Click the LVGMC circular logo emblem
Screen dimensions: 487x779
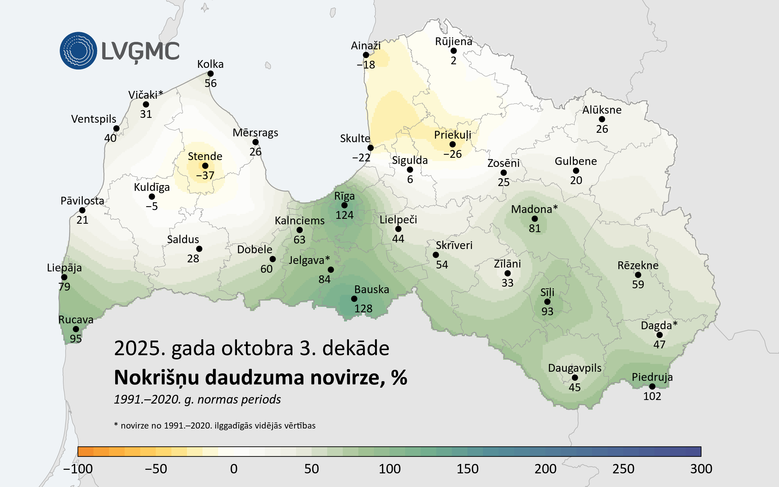point(78,51)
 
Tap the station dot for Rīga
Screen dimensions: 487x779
point(344,205)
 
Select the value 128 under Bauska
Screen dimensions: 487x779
point(363,308)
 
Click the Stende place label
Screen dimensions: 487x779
point(205,156)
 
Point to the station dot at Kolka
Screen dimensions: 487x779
point(210,74)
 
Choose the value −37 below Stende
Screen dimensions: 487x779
point(205,176)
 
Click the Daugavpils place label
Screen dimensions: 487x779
point(575,368)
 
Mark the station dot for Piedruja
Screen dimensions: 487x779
point(652,386)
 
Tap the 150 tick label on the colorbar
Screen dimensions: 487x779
point(467,469)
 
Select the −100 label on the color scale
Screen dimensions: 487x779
point(78,469)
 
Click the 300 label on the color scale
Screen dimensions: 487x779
point(701,469)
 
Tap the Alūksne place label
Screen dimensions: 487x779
point(602,110)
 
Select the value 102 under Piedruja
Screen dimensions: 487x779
point(652,396)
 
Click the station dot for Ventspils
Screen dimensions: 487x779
point(116,129)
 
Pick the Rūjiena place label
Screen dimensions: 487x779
point(453,42)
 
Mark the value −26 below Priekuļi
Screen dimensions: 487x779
point(452,154)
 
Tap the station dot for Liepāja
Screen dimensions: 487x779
point(64,277)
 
